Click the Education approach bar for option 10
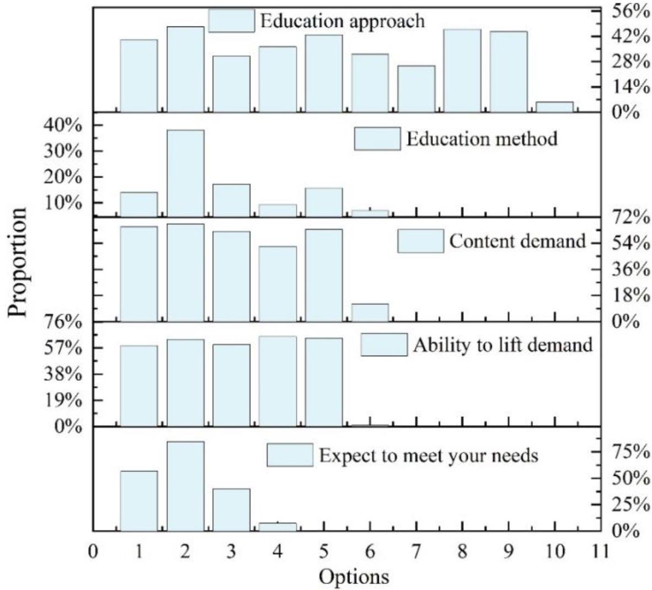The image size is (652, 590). [x=554, y=107]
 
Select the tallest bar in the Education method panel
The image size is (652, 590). [x=185, y=173]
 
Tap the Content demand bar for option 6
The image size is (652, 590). [x=370, y=313]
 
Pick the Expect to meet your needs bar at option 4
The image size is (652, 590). [x=277, y=527]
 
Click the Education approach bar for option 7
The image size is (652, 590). [x=416, y=89]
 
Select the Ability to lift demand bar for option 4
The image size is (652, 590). [x=277, y=381]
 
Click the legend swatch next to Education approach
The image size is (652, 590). [x=231, y=21]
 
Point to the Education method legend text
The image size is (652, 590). [x=482, y=138]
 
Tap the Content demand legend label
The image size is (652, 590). [x=517, y=242]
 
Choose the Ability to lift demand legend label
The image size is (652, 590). [x=503, y=345]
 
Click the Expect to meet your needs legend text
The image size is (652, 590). [x=429, y=456]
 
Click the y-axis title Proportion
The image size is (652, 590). [x=18, y=262]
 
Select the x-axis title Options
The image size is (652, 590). [x=354, y=577]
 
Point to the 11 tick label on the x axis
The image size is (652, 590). [x=600, y=551]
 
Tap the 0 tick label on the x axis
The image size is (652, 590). [x=93, y=551]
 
